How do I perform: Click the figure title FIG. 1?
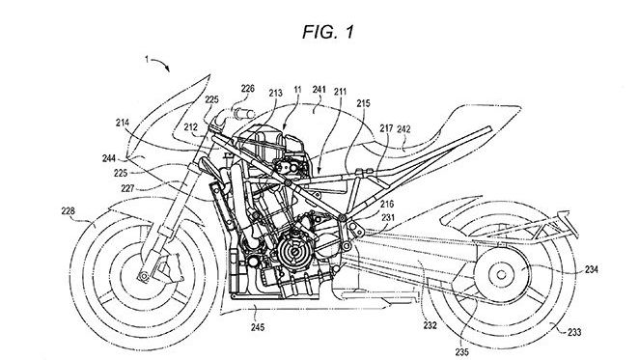click(328, 32)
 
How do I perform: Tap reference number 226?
click(247, 89)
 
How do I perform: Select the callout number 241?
click(319, 90)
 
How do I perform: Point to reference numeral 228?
click(69, 210)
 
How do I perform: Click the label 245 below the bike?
click(258, 327)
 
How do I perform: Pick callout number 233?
click(574, 333)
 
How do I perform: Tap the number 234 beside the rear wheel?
click(592, 269)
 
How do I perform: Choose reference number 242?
click(403, 129)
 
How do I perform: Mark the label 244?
click(109, 158)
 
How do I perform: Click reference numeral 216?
click(388, 205)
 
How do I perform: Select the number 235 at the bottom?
click(461, 352)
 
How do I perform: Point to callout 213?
click(275, 93)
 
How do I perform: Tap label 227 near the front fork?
click(127, 188)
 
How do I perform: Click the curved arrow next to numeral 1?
click(161, 63)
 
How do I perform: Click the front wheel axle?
click(144, 276)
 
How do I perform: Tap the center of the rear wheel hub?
click(501, 275)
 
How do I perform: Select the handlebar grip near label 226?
click(244, 113)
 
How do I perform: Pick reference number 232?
click(430, 325)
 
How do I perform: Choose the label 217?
click(387, 129)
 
